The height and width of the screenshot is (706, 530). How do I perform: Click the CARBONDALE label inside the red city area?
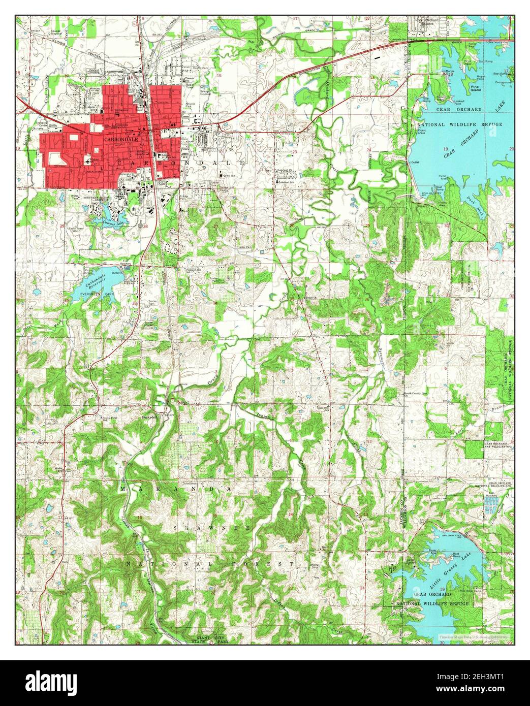116,138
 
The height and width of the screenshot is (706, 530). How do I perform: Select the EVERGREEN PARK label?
85,294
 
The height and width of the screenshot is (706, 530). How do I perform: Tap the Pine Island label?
476,88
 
